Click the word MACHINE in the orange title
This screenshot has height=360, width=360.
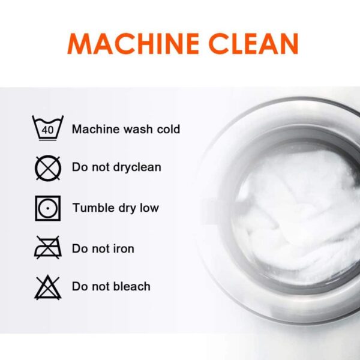point(133,44)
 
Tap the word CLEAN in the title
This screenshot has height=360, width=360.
point(253,44)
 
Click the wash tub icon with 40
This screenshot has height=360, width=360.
point(48,128)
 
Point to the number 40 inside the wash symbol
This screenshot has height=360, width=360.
point(47,130)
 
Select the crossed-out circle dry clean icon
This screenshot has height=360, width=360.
point(48,168)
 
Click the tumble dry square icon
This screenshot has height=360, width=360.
point(48,208)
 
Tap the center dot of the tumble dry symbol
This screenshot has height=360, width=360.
point(48,208)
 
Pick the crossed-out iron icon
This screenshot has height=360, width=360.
point(48,247)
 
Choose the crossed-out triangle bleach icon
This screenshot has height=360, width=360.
point(48,287)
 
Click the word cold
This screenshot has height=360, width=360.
point(169,129)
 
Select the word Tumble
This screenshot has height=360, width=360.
point(94,208)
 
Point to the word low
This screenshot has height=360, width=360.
point(149,208)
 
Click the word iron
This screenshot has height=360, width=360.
point(124,248)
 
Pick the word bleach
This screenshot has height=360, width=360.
point(132,286)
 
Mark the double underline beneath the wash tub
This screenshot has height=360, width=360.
point(47,139)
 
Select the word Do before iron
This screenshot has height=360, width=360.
point(80,248)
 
